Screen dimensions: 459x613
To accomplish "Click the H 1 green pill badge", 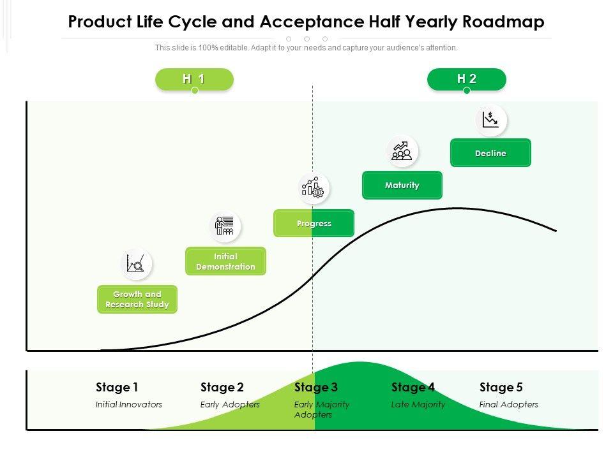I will [194, 79].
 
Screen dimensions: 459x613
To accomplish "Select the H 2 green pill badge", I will [467, 79].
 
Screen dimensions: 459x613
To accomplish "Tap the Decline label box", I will [490, 153].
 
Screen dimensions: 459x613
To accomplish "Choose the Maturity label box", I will [402, 185].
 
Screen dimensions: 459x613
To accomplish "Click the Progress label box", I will [314, 223].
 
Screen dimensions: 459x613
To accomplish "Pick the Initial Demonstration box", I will [225, 261].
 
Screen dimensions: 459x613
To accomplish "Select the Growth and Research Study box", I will [137, 299].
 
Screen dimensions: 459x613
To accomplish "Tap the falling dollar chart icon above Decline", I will [490, 120].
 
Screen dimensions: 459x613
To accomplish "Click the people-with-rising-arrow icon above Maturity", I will [402, 151].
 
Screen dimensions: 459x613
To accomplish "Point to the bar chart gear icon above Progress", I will [314, 188].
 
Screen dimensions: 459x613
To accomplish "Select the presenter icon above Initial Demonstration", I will [225, 226].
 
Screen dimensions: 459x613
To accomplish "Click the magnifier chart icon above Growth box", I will [136, 263].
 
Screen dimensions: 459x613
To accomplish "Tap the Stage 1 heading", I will [117, 387].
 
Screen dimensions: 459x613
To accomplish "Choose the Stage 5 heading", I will [501, 387].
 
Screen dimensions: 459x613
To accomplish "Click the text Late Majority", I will [418, 404].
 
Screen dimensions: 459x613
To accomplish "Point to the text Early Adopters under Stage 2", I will [230, 404].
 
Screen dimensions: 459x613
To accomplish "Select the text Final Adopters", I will [509, 404].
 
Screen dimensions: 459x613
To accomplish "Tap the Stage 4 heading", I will [413, 387].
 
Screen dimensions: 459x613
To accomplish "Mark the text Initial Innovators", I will [129, 404].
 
